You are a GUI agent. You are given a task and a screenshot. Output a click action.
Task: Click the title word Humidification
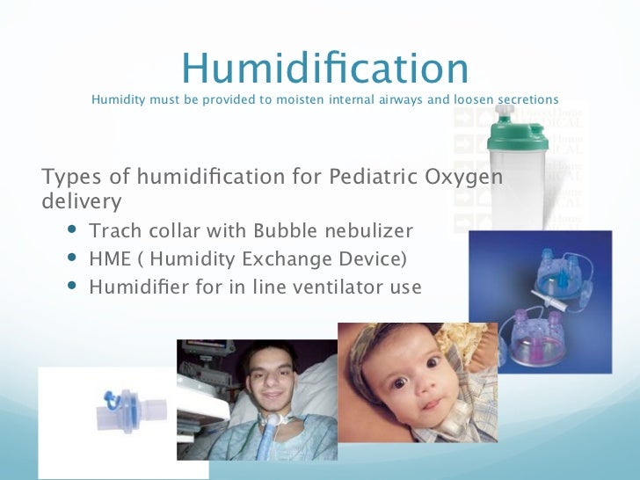pos(324,69)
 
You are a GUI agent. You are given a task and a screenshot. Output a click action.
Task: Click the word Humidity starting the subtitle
pos(118,99)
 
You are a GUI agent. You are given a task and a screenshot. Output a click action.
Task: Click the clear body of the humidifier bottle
pos(519,189)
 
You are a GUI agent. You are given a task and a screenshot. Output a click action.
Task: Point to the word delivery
pos(82,203)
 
